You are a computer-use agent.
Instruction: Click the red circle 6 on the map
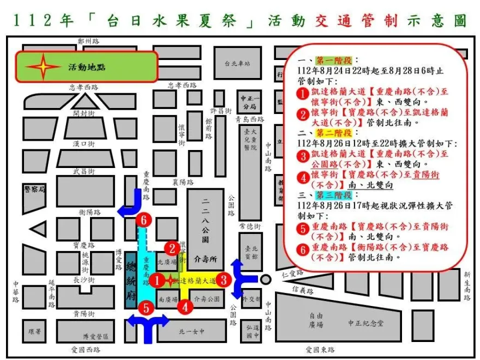pyautogui.click(x=143, y=220)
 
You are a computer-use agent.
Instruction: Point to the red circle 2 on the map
pyautogui.click(x=172, y=248)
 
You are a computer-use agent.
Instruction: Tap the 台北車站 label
pyautogui.click(x=237, y=64)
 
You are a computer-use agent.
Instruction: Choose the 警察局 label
pyautogui.click(x=35, y=188)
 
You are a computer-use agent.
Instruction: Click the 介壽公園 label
pyautogui.click(x=207, y=299)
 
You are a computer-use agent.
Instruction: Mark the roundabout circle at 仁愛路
pyautogui.click(x=266, y=279)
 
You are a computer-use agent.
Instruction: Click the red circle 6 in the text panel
pyautogui.click(x=304, y=250)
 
